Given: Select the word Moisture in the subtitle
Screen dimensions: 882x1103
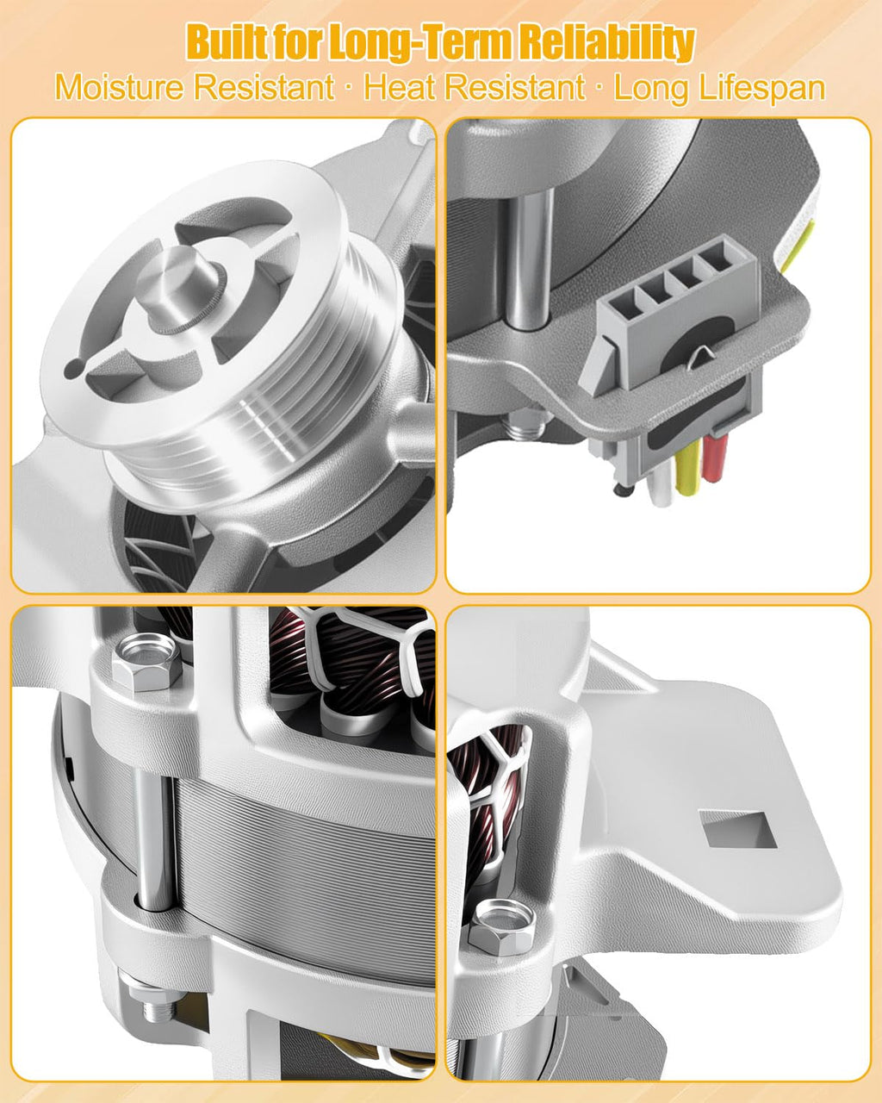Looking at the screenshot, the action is [x=119, y=88].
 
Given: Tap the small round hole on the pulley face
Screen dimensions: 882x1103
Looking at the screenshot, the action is [x=73, y=367].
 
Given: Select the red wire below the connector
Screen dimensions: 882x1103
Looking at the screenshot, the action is [x=716, y=456].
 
